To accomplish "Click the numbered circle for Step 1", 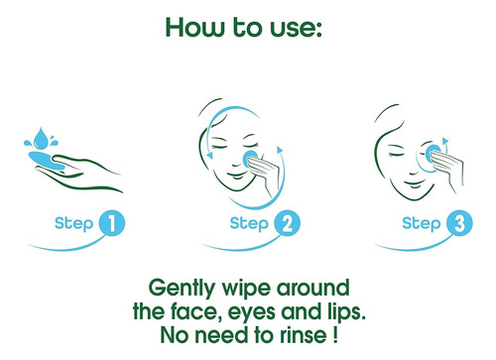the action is pos(111,223).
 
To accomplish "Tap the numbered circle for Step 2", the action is pos(287,223).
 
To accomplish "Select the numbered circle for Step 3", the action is pos(459,223).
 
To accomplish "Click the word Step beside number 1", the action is pos(74,223).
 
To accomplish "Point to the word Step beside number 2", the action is pos(249,223).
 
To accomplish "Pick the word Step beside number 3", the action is pos(422,223).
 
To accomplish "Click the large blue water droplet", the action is pos(41,138).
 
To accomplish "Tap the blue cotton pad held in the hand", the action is pos(47,160).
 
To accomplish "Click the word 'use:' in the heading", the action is pos(296,28).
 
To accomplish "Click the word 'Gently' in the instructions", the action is pos(183,289).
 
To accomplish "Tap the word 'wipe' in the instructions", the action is pos(247,289).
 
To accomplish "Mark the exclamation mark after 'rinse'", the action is pos(335,334).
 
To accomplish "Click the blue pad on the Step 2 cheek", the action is pos(250,158).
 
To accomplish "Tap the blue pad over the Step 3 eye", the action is pos(433,153).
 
